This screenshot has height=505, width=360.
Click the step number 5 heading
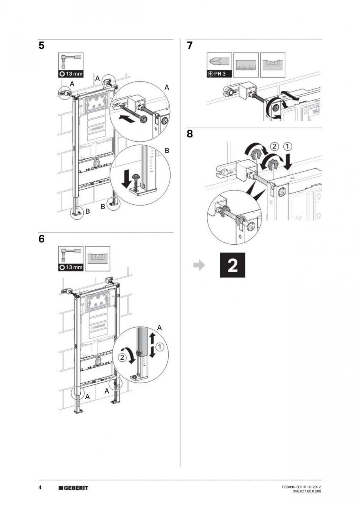41,46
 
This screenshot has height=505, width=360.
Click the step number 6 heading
41,239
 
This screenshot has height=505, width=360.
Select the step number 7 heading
190,46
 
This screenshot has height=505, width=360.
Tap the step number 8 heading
190,134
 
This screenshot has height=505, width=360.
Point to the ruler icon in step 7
246,65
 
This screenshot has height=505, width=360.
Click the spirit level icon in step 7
272,65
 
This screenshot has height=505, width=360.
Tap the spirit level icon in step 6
97,258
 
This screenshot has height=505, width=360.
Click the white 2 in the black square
232,265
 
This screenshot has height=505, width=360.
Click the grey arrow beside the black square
200,265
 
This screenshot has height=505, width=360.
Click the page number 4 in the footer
40,488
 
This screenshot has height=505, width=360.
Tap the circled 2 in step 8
274,147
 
